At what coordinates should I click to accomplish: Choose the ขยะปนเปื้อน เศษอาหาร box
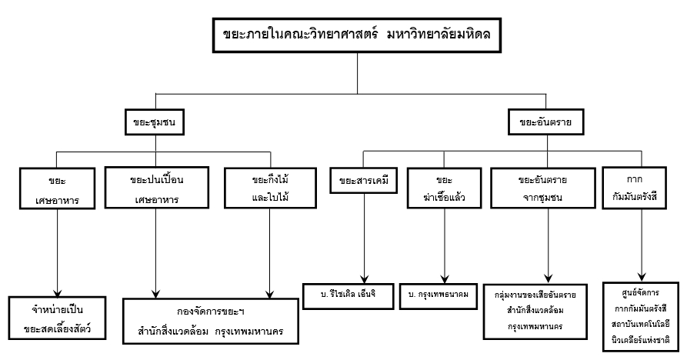[156, 189]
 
